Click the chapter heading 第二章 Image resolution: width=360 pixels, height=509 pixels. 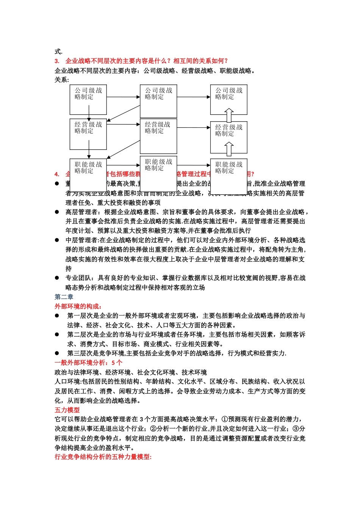[64, 297]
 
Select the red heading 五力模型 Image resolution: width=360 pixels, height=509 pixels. [67, 410]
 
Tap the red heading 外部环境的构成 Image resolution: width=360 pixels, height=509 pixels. [78, 306]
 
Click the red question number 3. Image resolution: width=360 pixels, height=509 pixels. [57, 61]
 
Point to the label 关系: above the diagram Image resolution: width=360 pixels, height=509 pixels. [62, 80]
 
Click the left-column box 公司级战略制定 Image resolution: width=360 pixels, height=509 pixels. [88, 100]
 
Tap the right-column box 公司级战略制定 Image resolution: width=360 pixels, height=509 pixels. [229, 100]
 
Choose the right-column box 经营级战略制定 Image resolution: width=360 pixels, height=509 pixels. [229, 137]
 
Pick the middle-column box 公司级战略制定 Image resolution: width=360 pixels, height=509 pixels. [158, 101]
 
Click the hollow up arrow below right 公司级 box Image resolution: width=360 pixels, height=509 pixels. [229, 116]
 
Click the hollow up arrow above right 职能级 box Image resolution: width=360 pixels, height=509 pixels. [229, 149]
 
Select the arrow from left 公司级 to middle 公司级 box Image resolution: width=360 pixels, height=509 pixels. [124, 97]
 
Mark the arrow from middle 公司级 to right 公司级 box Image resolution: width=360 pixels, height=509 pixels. [194, 97]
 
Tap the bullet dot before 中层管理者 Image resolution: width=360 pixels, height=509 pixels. [57, 240]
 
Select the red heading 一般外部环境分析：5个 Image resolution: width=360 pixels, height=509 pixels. [89, 362]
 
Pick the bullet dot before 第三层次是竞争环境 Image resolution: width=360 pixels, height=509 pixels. [57, 353]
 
